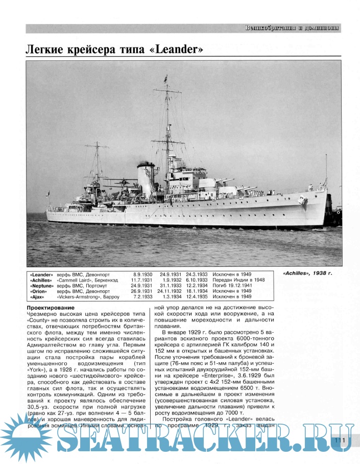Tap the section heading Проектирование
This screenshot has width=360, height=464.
tap(51, 308)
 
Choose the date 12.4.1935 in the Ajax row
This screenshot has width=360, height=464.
tap(197, 296)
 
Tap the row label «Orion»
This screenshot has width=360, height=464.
tap(43, 291)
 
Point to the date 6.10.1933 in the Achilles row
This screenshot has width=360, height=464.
tap(197, 280)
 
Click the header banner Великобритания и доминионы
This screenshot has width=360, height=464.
tap(292, 28)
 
